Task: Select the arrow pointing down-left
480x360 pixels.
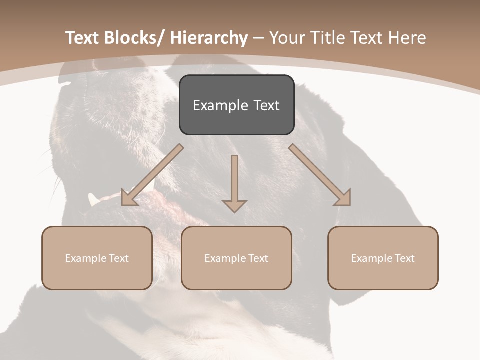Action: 152,175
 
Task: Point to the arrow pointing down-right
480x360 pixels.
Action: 320,175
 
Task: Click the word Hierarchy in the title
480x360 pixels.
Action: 209,38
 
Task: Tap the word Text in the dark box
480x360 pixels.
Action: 266,105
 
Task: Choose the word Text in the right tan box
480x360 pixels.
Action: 404,258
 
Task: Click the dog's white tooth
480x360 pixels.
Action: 93,199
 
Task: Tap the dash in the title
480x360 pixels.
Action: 258,38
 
